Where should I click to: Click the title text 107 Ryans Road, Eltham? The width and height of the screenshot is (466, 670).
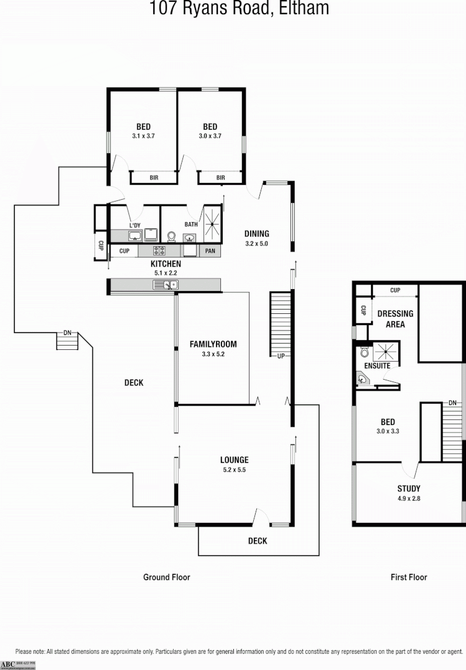pos(239,9)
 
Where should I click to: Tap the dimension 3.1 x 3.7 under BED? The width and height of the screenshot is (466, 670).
pos(143,136)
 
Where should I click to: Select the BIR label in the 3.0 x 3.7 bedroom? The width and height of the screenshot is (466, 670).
pos(220,178)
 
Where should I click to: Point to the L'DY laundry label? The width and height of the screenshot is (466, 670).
pos(135,225)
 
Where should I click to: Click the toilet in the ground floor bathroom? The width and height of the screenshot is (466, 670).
pos(172,236)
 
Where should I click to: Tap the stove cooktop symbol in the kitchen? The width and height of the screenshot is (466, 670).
pos(159,251)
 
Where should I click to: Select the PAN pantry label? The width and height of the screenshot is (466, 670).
pos(210,251)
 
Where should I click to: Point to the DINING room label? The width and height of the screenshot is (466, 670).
pos(256,234)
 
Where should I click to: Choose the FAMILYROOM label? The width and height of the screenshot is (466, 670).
pos(213,344)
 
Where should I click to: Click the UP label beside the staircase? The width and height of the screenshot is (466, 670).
pos(280,356)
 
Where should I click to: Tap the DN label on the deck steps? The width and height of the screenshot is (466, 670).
pos(67,333)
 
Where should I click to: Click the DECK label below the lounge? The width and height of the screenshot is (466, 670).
pos(258,541)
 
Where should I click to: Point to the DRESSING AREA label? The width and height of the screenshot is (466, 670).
pos(395,319)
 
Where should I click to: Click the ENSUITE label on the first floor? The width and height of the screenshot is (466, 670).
pos(377,366)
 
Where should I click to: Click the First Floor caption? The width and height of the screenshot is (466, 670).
pos(408,577)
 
